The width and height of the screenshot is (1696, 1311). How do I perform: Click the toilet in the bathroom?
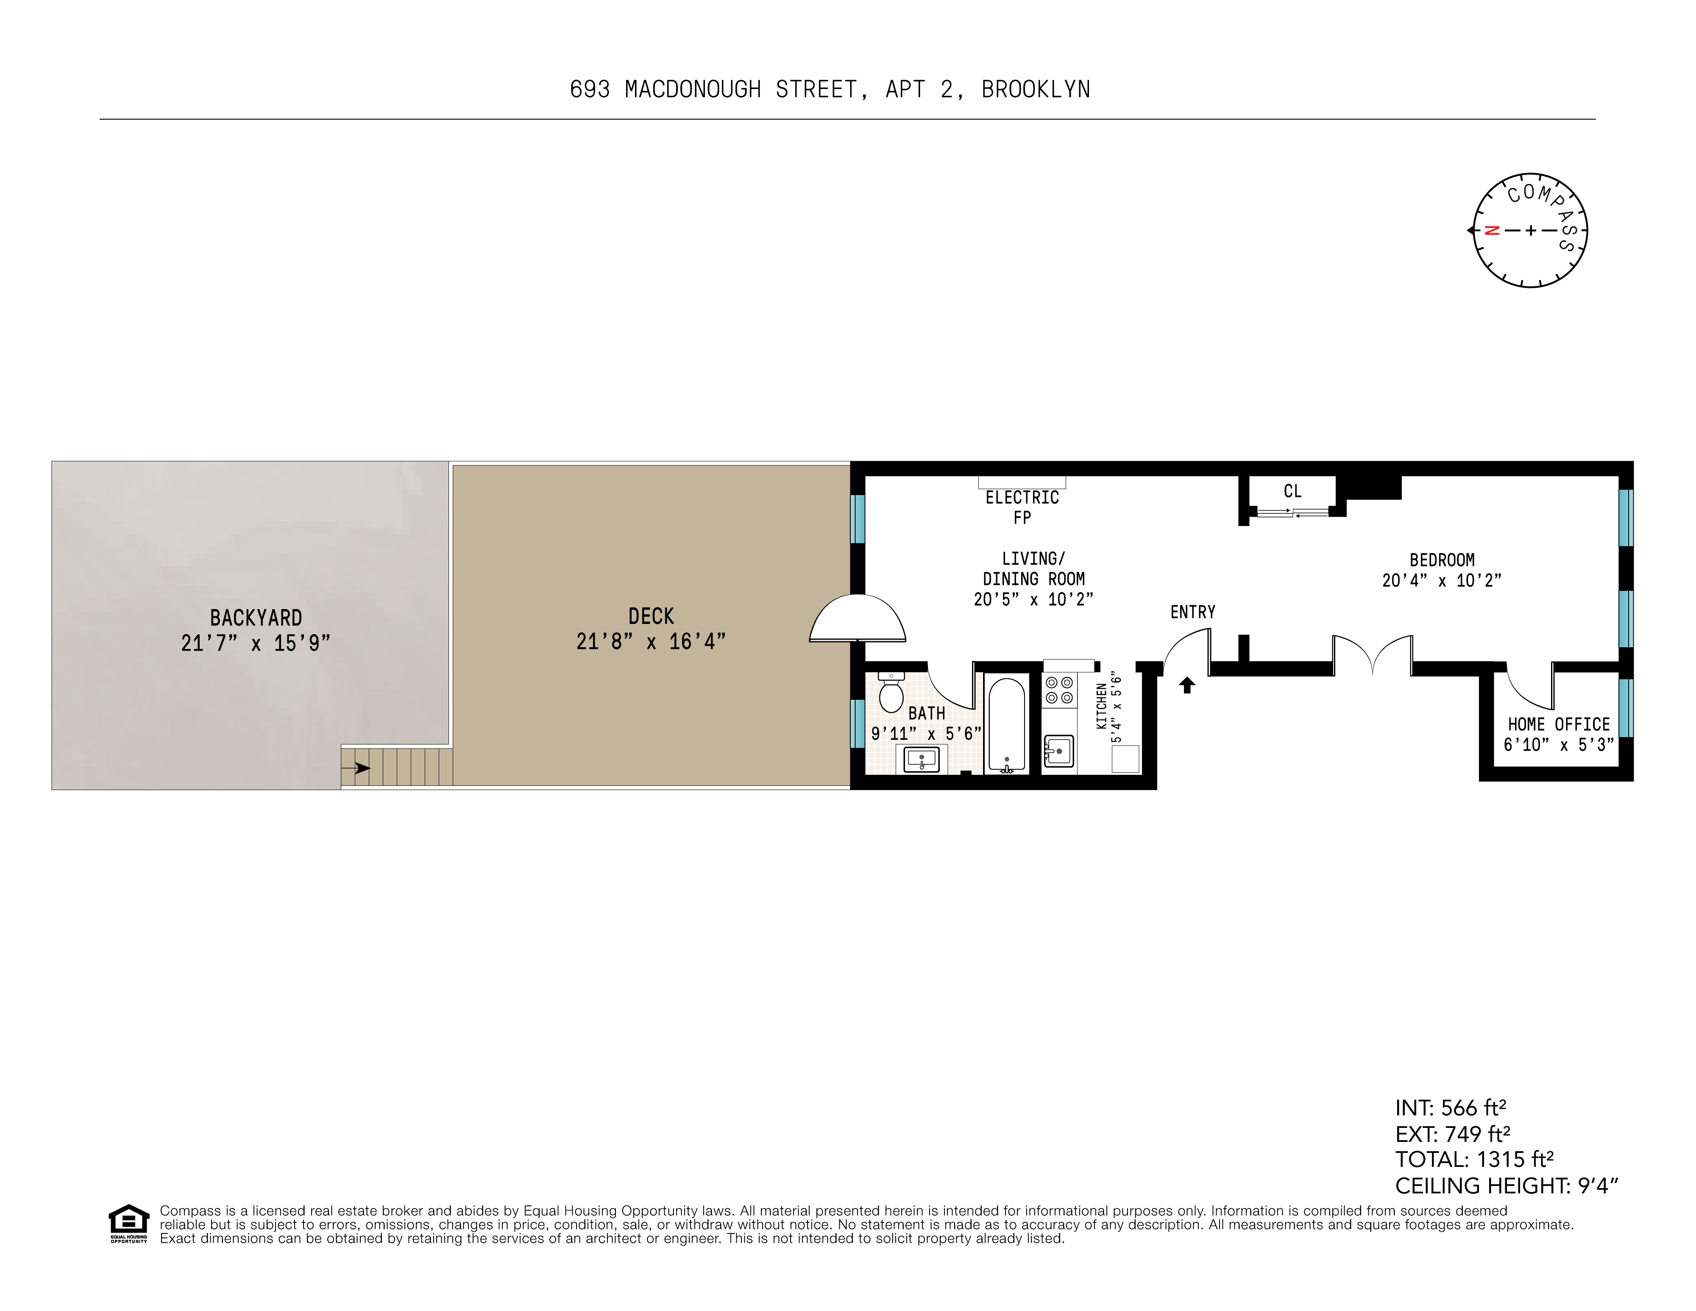(891, 693)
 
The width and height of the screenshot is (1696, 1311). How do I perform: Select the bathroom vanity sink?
(922, 759)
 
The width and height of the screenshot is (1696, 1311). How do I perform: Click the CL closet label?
(1292, 491)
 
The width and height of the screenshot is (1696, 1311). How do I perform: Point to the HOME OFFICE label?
(1559, 724)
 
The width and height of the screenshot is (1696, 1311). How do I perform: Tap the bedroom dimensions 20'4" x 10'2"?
(1441, 580)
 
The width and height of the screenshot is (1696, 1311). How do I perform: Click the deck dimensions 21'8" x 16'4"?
(651, 642)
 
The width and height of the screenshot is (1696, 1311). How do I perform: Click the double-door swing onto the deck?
(857, 619)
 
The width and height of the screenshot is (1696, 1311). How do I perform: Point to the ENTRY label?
(1193, 612)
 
